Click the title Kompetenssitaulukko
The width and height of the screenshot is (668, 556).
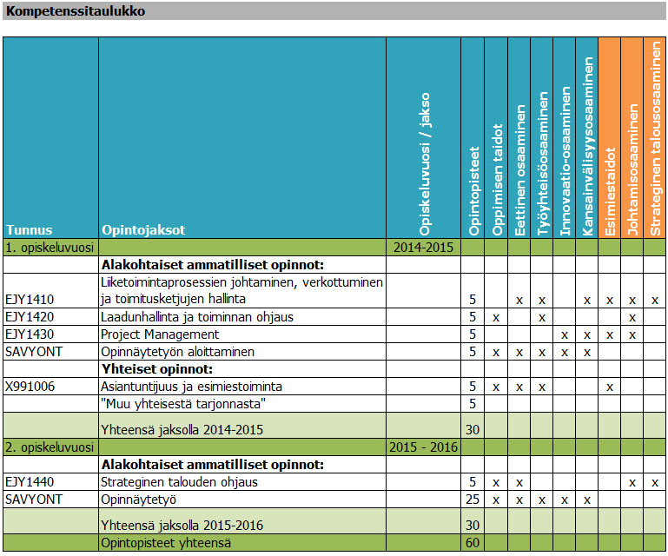pyautogui.click(x=76, y=11)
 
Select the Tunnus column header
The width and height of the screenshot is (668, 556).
pyautogui.click(x=30, y=230)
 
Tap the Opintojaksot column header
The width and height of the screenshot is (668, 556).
pyautogui.click(x=143, y=230)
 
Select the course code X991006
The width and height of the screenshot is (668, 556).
pyautogui.click(x=30, y=386)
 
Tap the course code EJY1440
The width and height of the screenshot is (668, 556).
pyautogui.click(x=29, y=482)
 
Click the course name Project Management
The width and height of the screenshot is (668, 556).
pyautogui.click(x=160, y=334)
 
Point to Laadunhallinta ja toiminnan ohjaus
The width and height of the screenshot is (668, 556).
pyautogui.click(x=197, y=317)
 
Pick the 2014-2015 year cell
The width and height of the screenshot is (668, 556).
pyautogui.click(x=423, y=248)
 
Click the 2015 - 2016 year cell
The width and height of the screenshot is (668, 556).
pyautogui.click(x=423, y=447)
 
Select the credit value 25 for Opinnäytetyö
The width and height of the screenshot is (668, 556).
pyautogui.click(x=473, y=500)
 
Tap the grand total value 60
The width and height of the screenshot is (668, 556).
pyautogui.click(x=473, y=543)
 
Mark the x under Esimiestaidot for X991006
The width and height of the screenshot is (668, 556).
pyautogui.click(x=610, y=387)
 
